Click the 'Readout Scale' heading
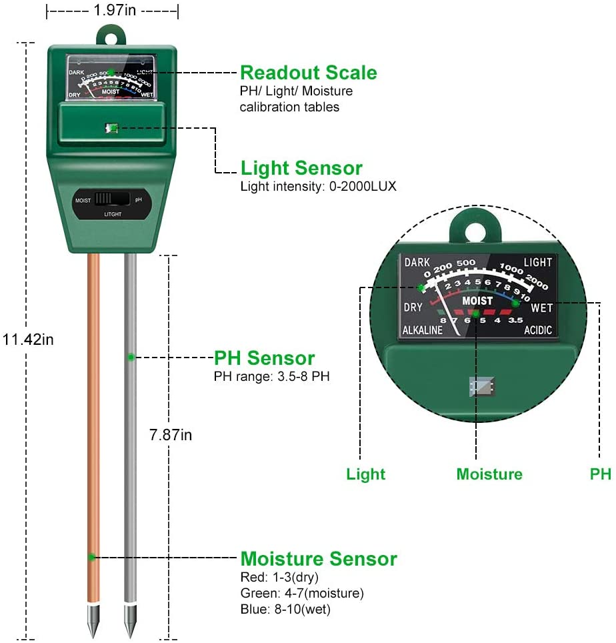(308, 73)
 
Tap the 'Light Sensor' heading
(301, 168)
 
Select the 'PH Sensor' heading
(264, 358)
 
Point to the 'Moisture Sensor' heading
(318, 558)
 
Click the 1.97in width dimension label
(113, 10)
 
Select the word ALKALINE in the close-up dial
(423, 330)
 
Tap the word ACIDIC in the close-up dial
(537, 330)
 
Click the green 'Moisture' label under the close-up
(489, 474)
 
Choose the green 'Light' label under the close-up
(365, 474)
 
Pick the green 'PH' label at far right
(600, 474)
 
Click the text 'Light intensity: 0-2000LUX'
(318, 187)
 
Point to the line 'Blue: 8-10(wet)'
(285, 609)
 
